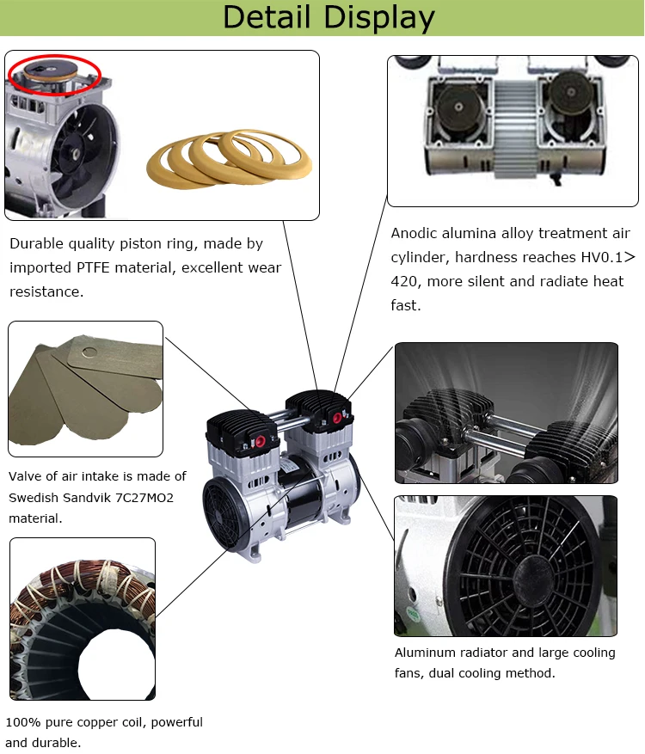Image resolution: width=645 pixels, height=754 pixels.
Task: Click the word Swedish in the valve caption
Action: pos(35,498)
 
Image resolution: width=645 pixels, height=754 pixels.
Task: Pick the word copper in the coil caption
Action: pos(92,722)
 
